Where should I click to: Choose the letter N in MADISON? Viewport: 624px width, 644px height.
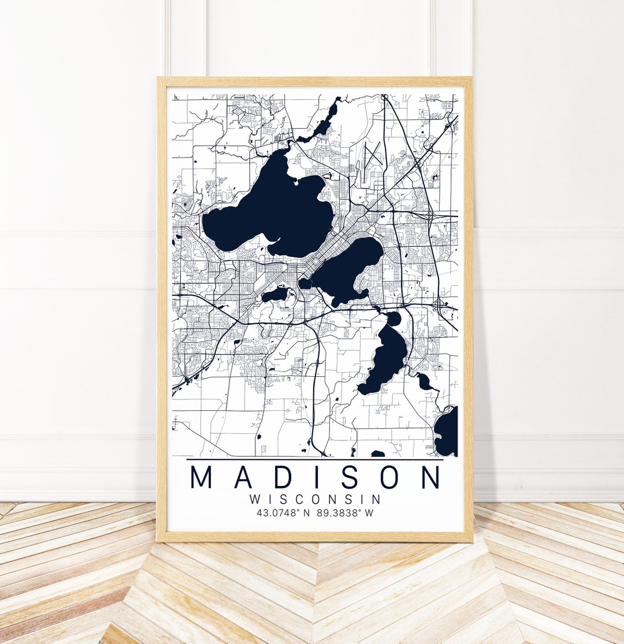430,477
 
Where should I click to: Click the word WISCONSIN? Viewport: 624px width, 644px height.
315,499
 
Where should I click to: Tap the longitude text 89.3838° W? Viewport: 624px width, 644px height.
346,512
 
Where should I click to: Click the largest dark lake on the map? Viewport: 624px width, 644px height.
272,214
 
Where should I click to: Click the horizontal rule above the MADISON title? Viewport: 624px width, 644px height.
315,460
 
